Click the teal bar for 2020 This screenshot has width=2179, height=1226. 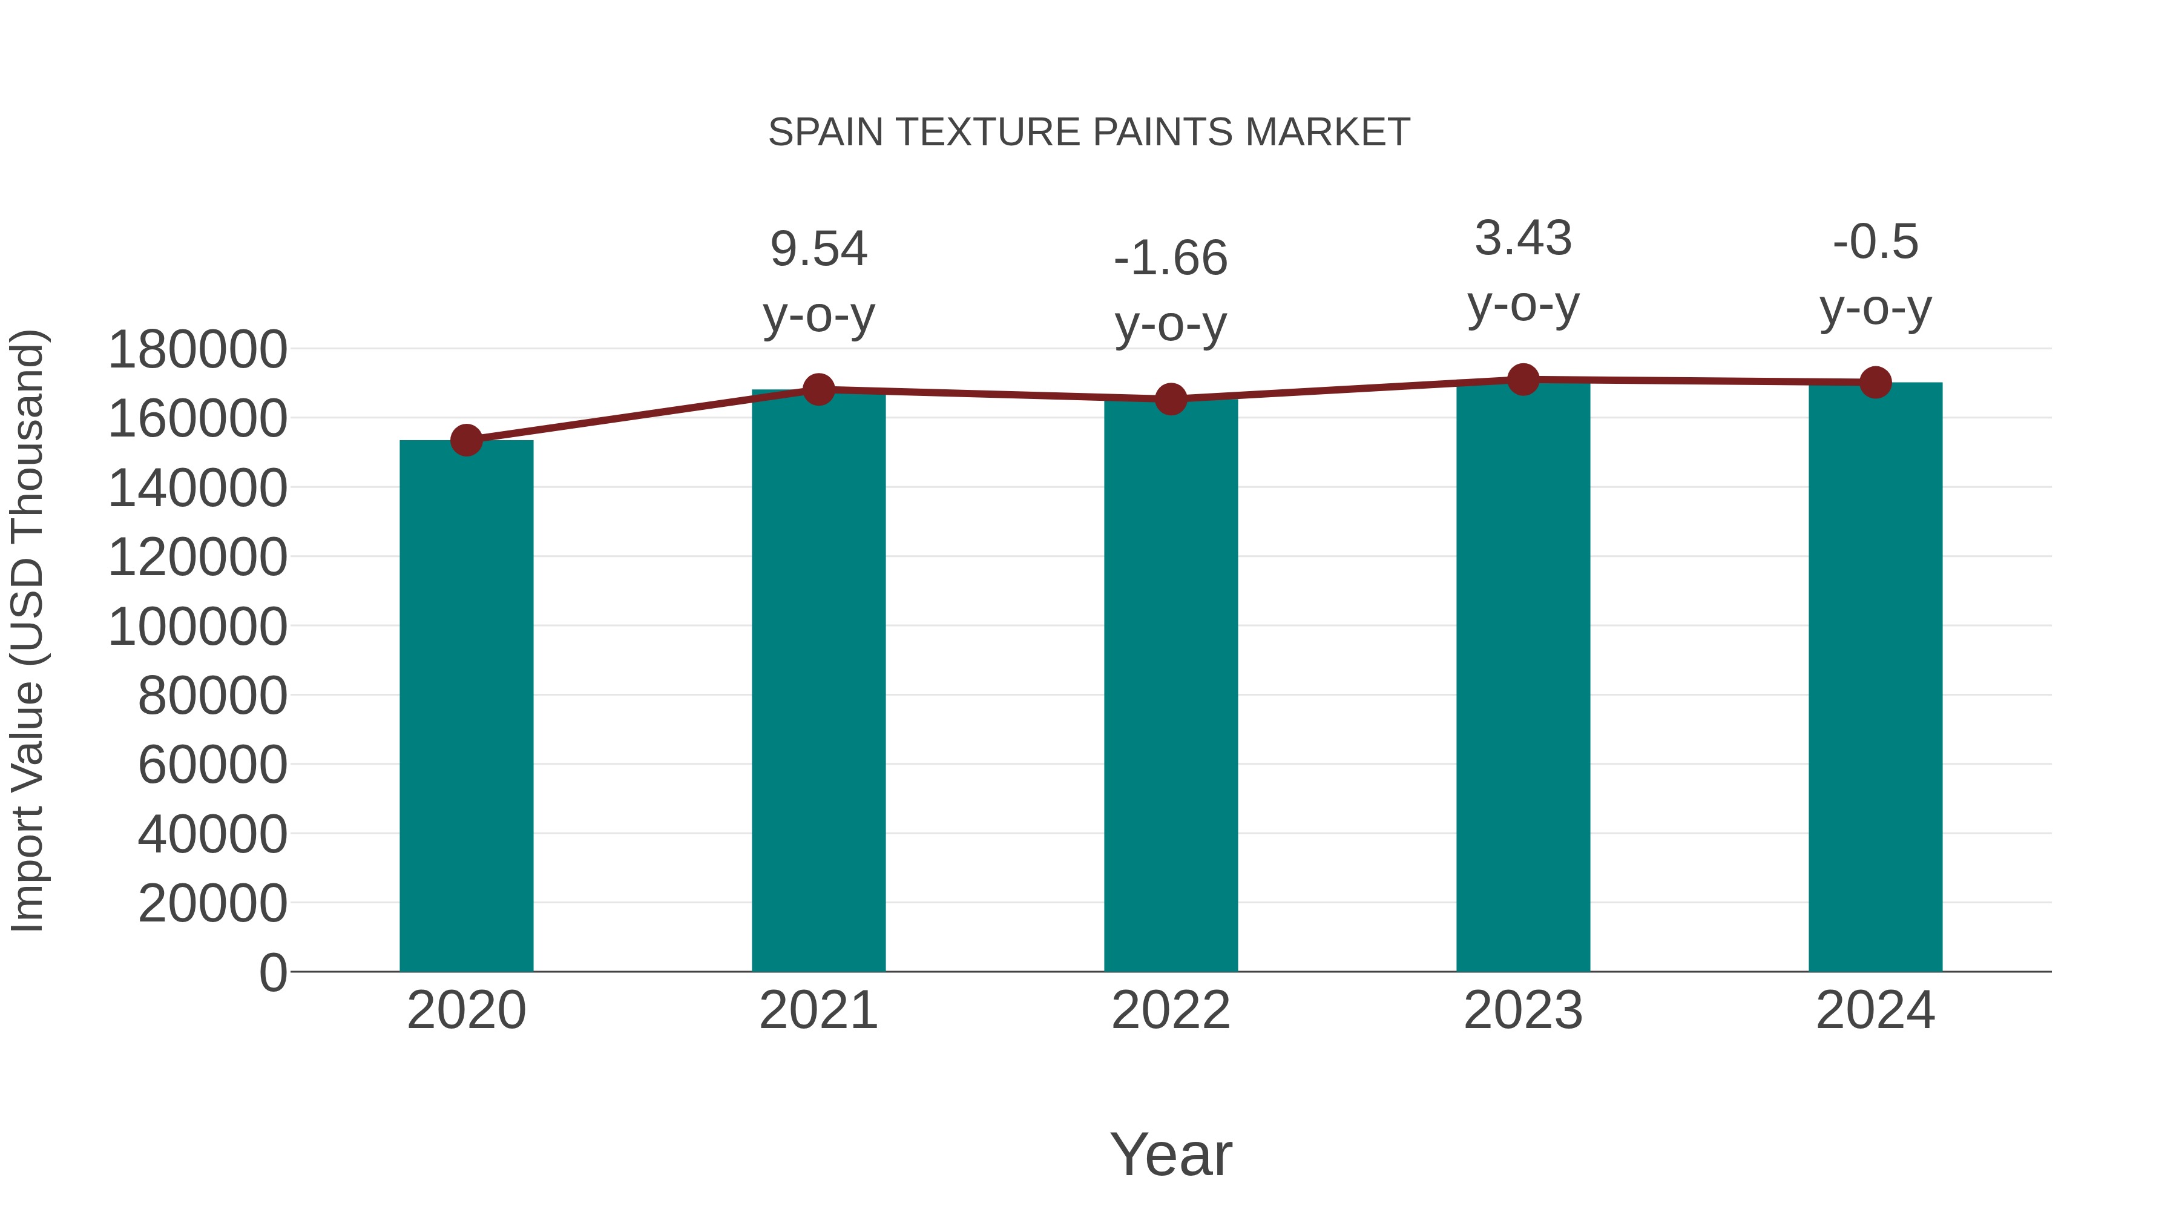pos(466,706)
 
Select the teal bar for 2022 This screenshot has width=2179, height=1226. pos(1171,685)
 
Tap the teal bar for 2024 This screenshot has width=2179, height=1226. pos(1875,677)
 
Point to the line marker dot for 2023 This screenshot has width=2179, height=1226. pos(1523,380)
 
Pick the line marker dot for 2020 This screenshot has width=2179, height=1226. pos(466,440)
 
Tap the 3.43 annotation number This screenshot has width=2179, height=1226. pos(1523,239)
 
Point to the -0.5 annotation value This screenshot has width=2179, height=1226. pos(1875,242)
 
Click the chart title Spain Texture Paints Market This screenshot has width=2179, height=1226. pos(1089,133)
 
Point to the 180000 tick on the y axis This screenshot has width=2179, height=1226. pos(197,349)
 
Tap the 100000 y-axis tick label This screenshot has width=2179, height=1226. pos(197,627)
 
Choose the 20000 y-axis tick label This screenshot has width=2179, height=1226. pos(212,904)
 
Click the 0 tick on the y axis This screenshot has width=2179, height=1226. pos(273,972)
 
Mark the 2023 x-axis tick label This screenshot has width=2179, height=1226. pos(1523,1010)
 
